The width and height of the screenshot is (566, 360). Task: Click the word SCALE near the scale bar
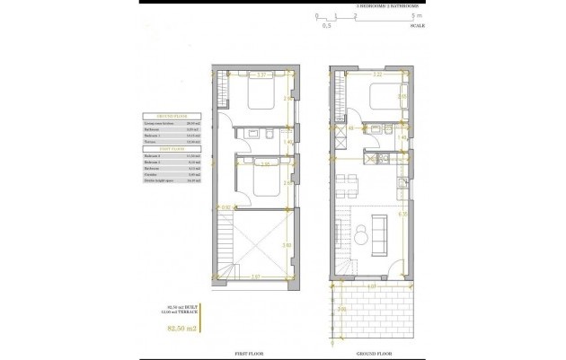pyautogui.click(x=417, y=25)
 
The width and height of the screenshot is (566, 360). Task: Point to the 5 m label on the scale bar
pyautogui.click(x=414, y=16)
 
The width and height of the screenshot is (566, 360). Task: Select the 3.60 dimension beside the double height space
pyautogui.click(x=287, y=244)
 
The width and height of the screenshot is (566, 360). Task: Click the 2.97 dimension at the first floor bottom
pyautogui.click(x=255, y=276)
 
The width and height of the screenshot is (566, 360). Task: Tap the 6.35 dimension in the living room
pyautogui.click(x=406, y=215)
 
